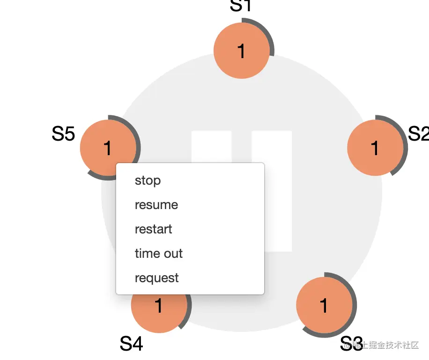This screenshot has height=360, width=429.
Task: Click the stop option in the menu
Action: pos(148,180)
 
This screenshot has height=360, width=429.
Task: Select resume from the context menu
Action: pos(156,205)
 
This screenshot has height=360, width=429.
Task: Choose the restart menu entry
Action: pos(153,229)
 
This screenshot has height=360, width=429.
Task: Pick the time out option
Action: pos(158,254)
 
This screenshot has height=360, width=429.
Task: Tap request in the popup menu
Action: pos(156,278)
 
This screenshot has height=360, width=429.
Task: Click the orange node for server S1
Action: pos(241,51)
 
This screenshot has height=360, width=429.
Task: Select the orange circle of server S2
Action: pos(375,148)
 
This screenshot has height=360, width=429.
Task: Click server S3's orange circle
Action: pos(324,306)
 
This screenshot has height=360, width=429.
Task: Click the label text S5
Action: pos(63,134)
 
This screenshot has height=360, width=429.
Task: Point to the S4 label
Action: pos(131,344)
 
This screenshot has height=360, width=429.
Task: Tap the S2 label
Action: pos(419,134)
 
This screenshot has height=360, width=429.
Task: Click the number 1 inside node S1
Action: pos(241,51)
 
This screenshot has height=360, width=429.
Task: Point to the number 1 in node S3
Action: pos(324,306)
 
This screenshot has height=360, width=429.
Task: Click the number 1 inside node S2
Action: pos(375,148)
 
